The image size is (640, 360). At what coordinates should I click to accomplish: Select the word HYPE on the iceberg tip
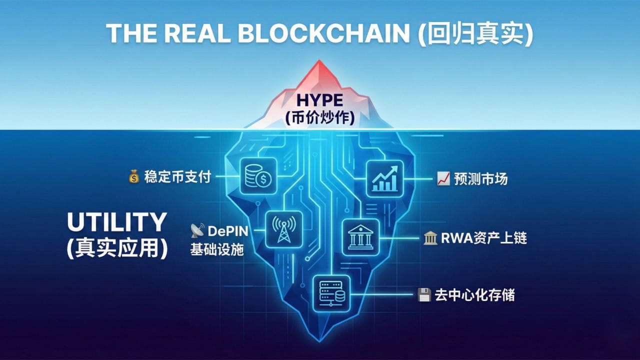click(320, 99)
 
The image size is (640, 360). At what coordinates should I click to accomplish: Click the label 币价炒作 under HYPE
click(320, 118)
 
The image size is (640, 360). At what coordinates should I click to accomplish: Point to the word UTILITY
click(116, 222)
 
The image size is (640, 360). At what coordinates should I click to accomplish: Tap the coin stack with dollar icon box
click(258, 176)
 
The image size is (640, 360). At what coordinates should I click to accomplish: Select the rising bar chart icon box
click(384, 178)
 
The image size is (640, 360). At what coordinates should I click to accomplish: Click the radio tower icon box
click(283, 229)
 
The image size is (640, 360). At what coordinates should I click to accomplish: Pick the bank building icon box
click(360, 237)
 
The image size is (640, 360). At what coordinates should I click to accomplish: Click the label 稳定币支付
click(177, 177)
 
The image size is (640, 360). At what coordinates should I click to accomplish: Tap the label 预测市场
click(480, 179)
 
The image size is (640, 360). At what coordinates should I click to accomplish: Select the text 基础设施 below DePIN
click(217, 249)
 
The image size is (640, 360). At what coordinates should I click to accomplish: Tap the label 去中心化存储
click(474, 295)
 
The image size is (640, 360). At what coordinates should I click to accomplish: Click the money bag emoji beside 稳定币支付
click(134, 177)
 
